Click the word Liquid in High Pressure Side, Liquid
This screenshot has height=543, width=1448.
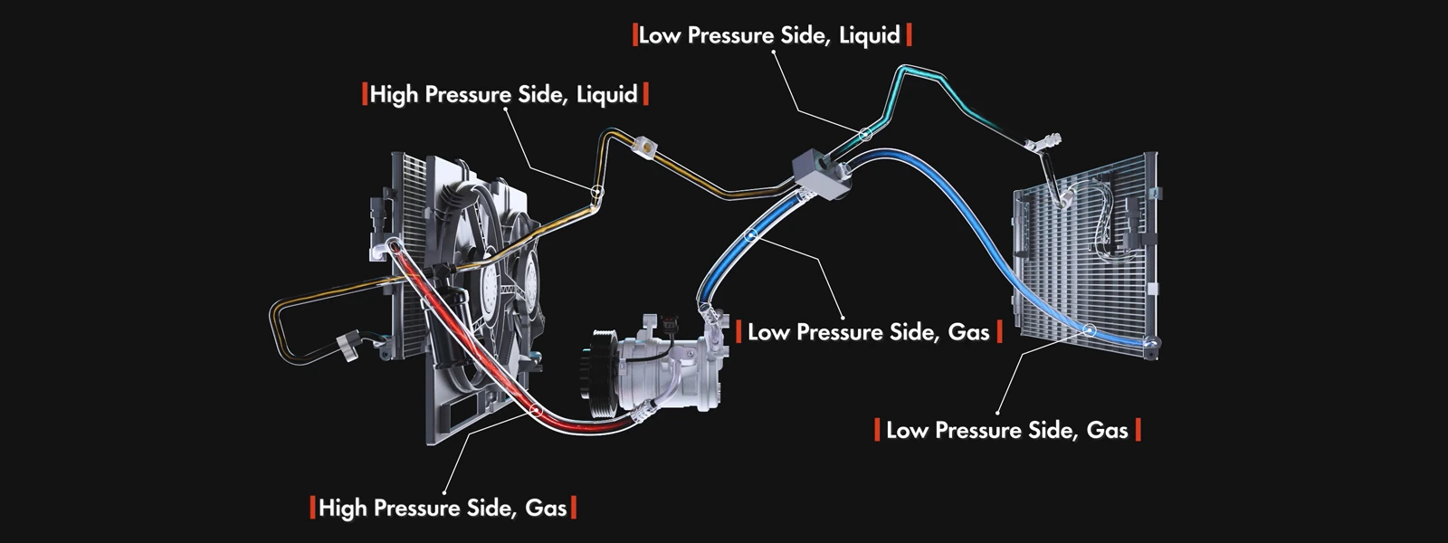pyautogui.click(x=606, y=94)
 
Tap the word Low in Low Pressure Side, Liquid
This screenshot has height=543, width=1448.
pyautogui.click(x=660, y=35)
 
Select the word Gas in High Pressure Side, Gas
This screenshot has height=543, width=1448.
pyautogui.click(x=546, y=508)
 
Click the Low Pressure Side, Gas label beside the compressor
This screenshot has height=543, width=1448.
pyautogui.click(x=869, y=331)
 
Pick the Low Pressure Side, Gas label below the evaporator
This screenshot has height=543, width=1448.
pyautogui.click(x=1007, y=430)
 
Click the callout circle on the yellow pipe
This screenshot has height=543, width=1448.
pyautogui.click(x=597, y=191)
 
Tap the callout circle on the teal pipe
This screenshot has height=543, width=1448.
pyautogui.click(x=865, y=135)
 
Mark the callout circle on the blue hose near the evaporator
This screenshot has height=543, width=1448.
pyautogui.click(x=1091, y=330)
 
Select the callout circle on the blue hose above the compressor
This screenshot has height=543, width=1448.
pyautogui.click(x=750, y=235)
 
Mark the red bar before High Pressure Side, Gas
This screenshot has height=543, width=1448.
pyautogui.click(x=313, y=508)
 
